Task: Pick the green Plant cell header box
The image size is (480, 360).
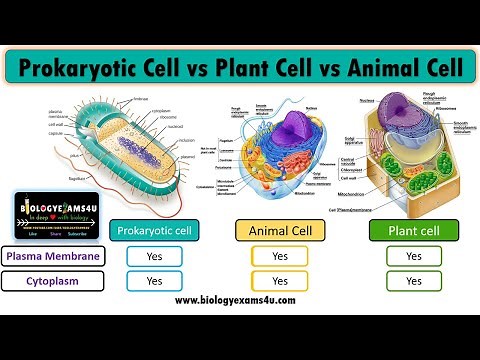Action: tap(412, 230)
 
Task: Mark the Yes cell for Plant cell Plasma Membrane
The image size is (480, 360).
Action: tap(412, 256)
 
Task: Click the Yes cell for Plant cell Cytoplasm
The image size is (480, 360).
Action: tap(412, 281)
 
